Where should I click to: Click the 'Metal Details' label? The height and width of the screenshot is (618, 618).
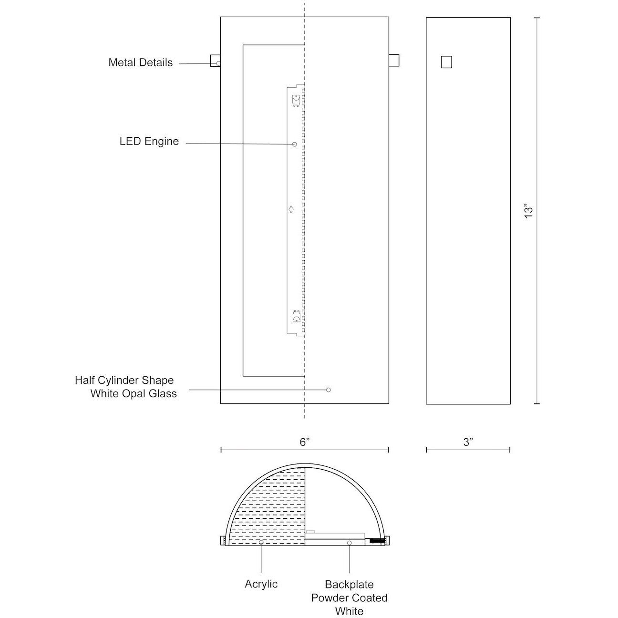(x=140, y=62)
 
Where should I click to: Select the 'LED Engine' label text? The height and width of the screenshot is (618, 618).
(x=149, y=142)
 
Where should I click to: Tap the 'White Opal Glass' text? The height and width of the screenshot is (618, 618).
(x=134, y=394)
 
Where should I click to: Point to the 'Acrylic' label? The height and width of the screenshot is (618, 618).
(x=261, y=584)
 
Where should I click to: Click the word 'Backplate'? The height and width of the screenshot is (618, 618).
(x=349, y=585)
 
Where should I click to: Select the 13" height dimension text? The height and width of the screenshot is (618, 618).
(x=528, y=211)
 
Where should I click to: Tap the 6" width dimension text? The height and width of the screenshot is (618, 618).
(x=305, y=443)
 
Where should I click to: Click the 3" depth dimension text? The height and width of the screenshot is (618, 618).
(x=468, y=443)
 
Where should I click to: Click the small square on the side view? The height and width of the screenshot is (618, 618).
(x=446, y=62)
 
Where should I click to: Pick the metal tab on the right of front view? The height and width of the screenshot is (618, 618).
(x=394, y=61)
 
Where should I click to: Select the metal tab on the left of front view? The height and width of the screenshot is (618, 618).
(x=215, y=61)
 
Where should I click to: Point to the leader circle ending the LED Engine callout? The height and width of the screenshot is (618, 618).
(x=294, y=144)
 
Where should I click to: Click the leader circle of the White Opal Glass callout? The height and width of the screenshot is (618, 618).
(x=328, y=390)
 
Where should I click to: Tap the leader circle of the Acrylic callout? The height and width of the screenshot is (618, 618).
(x=261, y=543)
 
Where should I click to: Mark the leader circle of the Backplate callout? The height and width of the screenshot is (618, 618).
(x=349, y=543)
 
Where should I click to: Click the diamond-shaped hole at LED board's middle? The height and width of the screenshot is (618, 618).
(x=291, y=209)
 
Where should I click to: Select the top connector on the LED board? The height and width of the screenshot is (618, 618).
(x=296, y=100)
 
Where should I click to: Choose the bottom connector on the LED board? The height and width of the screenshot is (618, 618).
(x=296, y=316)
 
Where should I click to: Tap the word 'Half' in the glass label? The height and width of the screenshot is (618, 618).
(x=85, y=381)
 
